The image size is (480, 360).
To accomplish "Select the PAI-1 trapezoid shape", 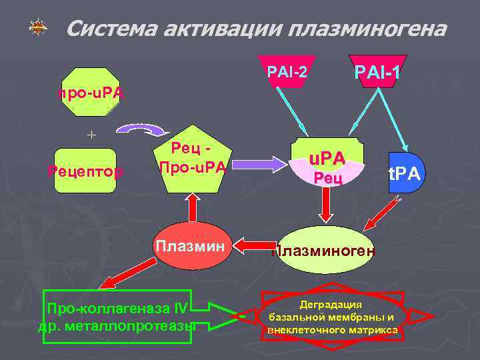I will coord(377,71).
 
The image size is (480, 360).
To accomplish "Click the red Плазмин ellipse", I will coord(192,246).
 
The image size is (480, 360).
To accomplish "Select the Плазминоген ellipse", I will coord(325,250).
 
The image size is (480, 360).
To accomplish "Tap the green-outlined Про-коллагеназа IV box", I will coord(117,316).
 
